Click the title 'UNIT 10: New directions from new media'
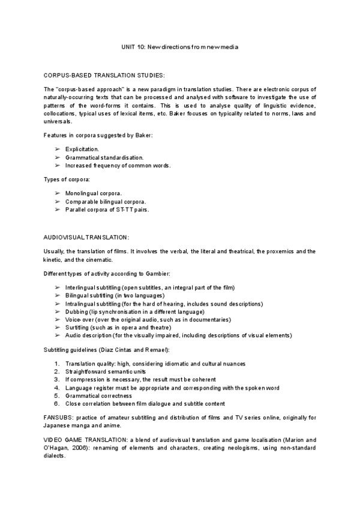pyautogui.click(x=180, y=47)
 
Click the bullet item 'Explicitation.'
pyautogui.click(x=82, y=148)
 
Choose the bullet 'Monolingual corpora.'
pyautogui.click(x=93, y=193)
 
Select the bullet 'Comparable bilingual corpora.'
pyautogui.click(x=106, y=202)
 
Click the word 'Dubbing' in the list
pyautogui.click(x=76, y=312)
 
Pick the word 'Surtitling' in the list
pyautogui.click(x=79, y=328)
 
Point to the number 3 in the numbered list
pyautogui.click(x=56, y=380)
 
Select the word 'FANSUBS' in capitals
pyautogui.click(x=59, y=417)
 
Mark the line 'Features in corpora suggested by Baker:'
pyautogui.click(x=98, y=135)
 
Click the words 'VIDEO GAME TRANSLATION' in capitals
pyautogui.click(x=84, y=440)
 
